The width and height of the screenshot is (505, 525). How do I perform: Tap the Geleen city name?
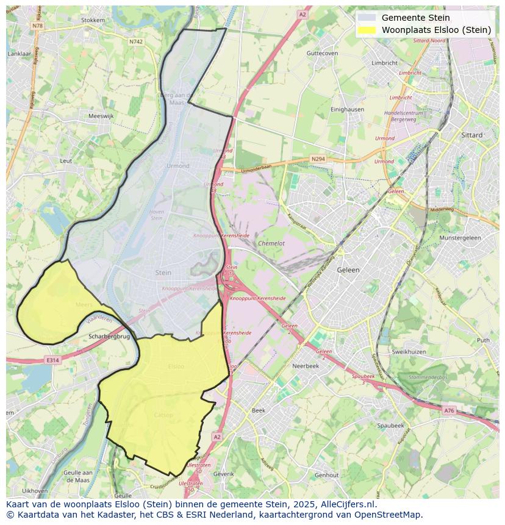point(349,270)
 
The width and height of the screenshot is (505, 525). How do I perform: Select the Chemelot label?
point(271,243)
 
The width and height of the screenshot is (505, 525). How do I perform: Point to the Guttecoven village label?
point(323,53)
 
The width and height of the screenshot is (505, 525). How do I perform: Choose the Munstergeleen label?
point(460,238)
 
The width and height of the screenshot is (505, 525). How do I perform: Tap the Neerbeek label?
point(306,366)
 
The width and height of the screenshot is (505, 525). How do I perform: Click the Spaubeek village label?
point(390,425)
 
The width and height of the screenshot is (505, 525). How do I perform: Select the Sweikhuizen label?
point(409,352)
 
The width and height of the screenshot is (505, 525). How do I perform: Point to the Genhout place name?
point(327,475)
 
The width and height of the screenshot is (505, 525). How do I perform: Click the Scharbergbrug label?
point(110,336)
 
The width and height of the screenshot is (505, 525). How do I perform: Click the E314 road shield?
point(52,360)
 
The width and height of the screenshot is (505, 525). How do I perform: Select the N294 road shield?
point(318,159)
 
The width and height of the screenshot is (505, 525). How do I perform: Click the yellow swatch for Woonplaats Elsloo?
point(368,30)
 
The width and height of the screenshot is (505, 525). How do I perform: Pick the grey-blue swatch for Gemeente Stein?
point(368,18)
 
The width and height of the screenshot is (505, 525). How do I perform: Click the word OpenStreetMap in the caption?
point(390,515)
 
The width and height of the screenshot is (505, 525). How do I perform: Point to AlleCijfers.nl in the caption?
point(348,504)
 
